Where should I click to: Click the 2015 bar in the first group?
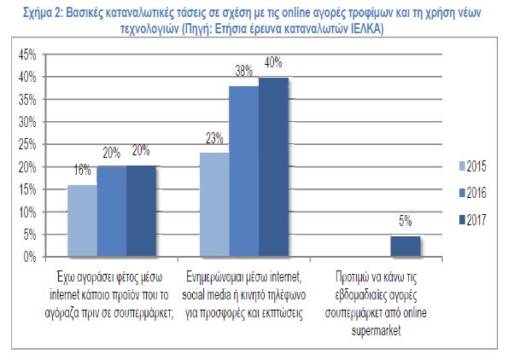click(83, 220)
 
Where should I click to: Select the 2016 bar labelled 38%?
click(243, 171)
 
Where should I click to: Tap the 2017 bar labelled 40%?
click(273, 166)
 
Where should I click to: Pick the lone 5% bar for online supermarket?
click(405, 246)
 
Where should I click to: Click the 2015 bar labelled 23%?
click(213, 204)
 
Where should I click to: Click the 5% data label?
click(405, 222)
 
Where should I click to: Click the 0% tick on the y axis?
click(29, 256)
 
